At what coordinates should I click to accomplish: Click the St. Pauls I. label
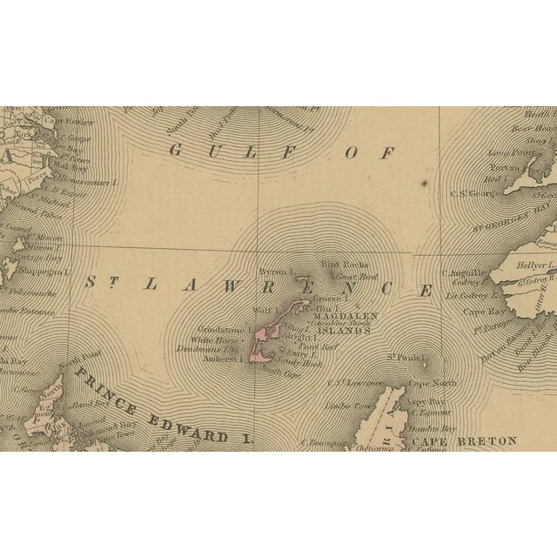point(405,357)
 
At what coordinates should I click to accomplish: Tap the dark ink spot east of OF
point(423,183)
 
